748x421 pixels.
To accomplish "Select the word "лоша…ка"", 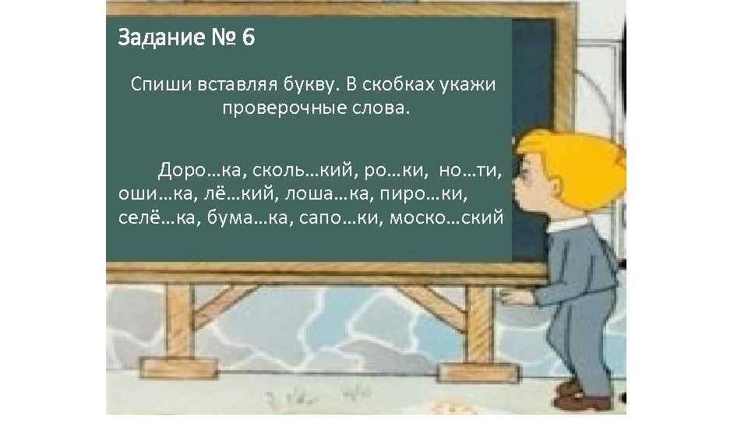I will tap(317, 192).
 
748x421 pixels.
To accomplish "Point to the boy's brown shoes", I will tap(580, 397).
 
